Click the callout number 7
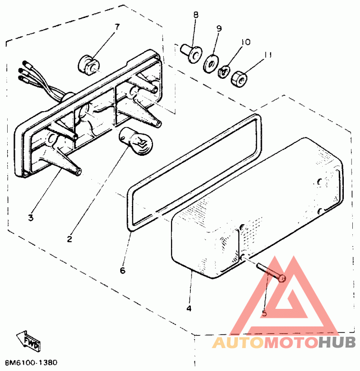tap(117, 27)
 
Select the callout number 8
tap(196, 15)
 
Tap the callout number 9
tap(219, 28)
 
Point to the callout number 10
tap(246, 42)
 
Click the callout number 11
tap(267, 55)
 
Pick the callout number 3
tap(31, 217)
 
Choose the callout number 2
tap(69, 239)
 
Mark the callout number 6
tap(122, 270)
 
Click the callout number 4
tap(189, 308)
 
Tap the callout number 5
tap(265, 313)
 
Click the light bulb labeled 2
tap(136, 141)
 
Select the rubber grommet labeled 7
tap(89, 65)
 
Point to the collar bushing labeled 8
tap(191, 54)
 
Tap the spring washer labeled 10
tap(224, 72)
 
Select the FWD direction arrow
tap(28, 340)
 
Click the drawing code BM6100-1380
tap(31, 362)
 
